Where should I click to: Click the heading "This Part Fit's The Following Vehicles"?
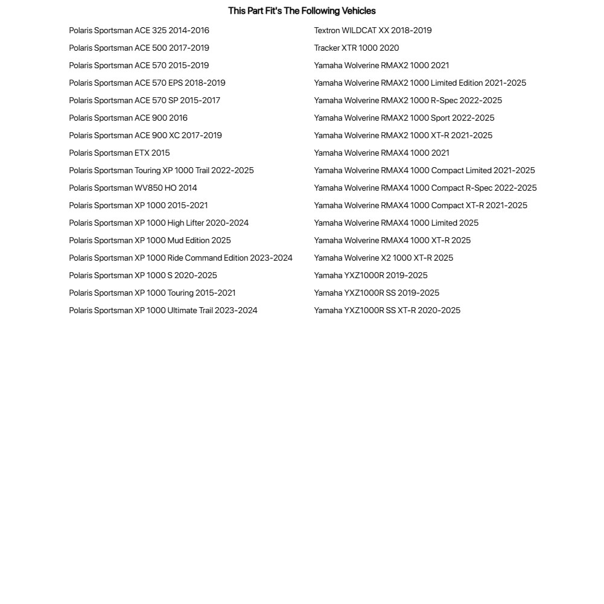(x=302, y=11)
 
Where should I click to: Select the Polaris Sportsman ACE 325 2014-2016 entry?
(x=139, y=31)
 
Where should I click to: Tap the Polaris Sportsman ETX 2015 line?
(x=119, y=153)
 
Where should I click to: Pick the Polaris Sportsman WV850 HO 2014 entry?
(x=133, y=188)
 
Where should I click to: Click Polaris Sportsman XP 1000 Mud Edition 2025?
(x=150, y=241)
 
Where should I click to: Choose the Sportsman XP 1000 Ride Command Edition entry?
(x=180, y=258)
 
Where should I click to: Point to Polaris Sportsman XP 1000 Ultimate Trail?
(x=163, y=311)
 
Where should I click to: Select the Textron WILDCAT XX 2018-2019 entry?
(x=372, y=31)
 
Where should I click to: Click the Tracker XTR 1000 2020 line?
(x=356, y=48)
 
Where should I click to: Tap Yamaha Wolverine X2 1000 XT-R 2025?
(x=383, y=258)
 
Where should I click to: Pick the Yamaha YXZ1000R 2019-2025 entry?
(x=370, y=276)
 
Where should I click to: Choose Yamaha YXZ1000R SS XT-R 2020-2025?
(x=387, y=311)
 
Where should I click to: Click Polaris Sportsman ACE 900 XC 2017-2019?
(x=145, y=136)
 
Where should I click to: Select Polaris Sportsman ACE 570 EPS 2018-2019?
(x=147, y=83)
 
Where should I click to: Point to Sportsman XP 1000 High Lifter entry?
(x=159, y=223)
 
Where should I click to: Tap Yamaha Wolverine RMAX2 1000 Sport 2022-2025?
(x=404, y=118)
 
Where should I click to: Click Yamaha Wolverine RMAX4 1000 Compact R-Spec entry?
(x=425, y=188)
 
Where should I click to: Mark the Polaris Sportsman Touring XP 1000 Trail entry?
(x=161, y=171)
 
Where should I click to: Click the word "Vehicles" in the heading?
(x=358, y=11)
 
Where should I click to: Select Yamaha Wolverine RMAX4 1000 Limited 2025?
(x=396, y=223)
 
